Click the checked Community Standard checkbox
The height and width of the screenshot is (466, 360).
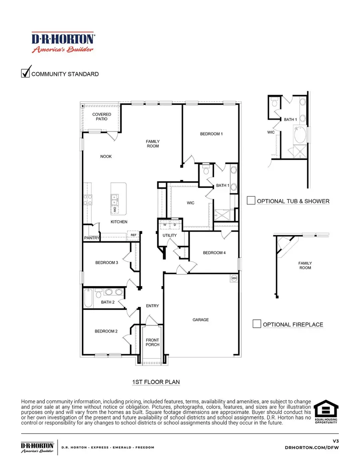(x=26, y=73)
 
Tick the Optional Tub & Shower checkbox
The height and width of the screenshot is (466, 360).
(x=251, y=201)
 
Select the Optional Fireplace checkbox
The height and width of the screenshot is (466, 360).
(x=257, y=324)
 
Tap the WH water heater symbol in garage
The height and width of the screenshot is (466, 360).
(x=234, y=278)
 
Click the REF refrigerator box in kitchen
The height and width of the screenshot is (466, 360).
(x=134, y=235)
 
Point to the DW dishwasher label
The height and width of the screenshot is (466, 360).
(x=114, y=209)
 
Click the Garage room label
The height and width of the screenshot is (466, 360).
(x=200, y=320)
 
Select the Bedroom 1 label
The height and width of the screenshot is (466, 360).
(x=211, y=134)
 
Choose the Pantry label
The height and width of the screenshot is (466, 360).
(x=91, y=238)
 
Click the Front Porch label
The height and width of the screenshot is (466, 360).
(x=152, y=342)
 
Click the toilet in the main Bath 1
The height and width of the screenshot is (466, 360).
(x=206, y=171)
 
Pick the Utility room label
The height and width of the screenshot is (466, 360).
(x=169, y=235)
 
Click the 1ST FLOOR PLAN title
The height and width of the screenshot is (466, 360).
(x=156, y=382)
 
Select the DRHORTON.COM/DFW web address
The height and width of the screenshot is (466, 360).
(x=315, y=447)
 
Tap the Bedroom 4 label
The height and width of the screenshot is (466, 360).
(x=214, y=253)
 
